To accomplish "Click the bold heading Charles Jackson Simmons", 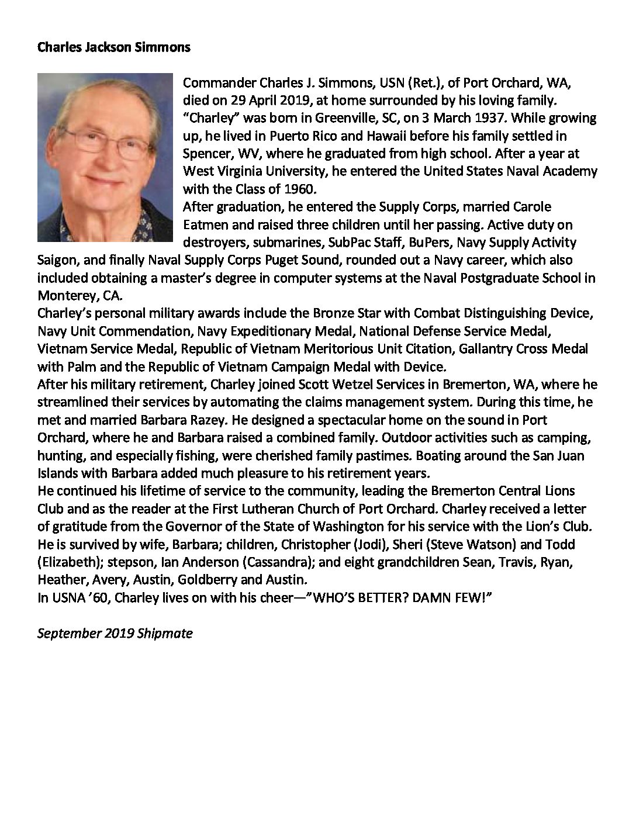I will (x=113, y=47).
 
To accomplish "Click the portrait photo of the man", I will (x=105, y=157).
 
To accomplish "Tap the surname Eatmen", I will (x=206, y=224).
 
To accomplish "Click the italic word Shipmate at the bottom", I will (x=164, y=633).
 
